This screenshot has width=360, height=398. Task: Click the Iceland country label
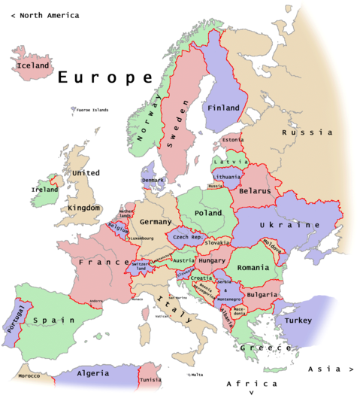[x=33, y=65]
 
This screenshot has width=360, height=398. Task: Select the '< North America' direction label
[x=42, y=15]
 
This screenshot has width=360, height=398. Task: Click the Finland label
[x=223, y=108]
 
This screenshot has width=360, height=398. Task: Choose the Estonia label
[x=233, y=139]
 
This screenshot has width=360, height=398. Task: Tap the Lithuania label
[x=227, y=176]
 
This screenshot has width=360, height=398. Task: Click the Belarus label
[x=254, y=191]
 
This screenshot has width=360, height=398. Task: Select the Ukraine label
[x=289, y=225]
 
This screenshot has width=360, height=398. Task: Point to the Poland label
[x=208, y=213]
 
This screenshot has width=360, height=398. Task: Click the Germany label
[x=156, y=222]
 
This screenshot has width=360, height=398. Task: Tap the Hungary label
[x=213, y=260]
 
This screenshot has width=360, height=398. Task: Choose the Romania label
[x=253, y=268]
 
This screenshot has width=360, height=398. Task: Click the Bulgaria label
[x=262, y=294]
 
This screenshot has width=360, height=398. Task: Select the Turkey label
[x=298, y=320]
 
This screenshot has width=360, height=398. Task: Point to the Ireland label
[x=44, y=190]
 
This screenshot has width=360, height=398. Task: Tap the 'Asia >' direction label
[x=331, y=369]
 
